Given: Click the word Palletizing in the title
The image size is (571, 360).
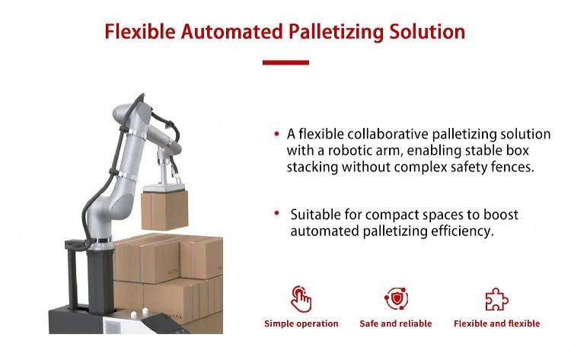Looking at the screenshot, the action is (x=336, y=32).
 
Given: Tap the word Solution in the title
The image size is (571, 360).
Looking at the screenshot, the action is (x=428, y=32).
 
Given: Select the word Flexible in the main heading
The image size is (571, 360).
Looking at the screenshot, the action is (x=140, y=32).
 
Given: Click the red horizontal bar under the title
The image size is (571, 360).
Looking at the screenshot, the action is (x=285, y=62).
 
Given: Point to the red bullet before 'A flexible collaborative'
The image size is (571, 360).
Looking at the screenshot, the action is (x=277, y=134).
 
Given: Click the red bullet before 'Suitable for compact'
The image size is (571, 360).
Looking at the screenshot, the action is (x=277, y=213).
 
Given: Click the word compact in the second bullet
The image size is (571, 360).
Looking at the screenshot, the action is (x=391, y=215).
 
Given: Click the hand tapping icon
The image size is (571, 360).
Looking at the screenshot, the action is (x=301, y=299).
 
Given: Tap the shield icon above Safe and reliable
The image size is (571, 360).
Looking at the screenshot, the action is (x=396, y=299).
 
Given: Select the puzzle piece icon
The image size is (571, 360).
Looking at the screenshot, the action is (x=496, y=300).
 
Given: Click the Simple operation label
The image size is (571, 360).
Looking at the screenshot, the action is (x=301, y=323).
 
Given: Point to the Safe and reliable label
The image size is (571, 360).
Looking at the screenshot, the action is (x=395, y=323).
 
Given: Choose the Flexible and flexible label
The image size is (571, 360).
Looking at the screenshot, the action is (x=496, y=323).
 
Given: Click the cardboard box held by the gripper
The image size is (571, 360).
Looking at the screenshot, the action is (x=164, y=210).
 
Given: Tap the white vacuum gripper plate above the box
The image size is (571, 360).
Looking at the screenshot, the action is (x=164, y=188).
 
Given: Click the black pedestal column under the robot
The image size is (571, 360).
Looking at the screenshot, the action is (x=100, y=280).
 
